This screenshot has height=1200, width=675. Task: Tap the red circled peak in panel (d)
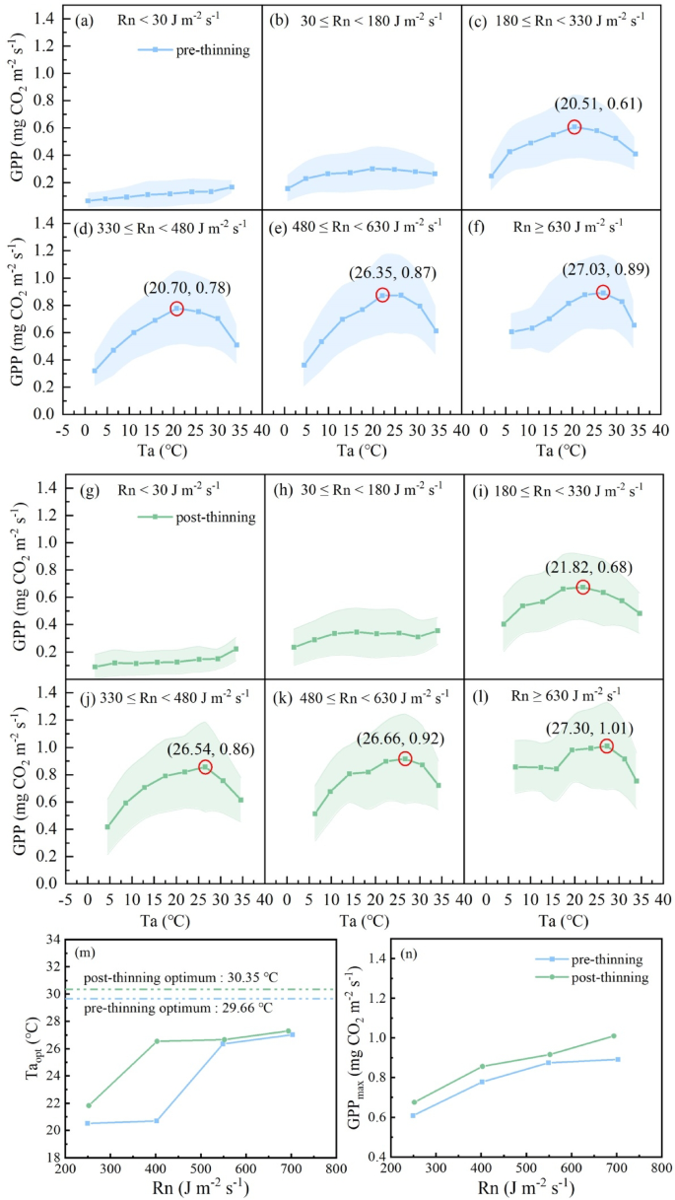176,309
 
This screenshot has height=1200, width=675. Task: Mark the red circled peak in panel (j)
205,766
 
